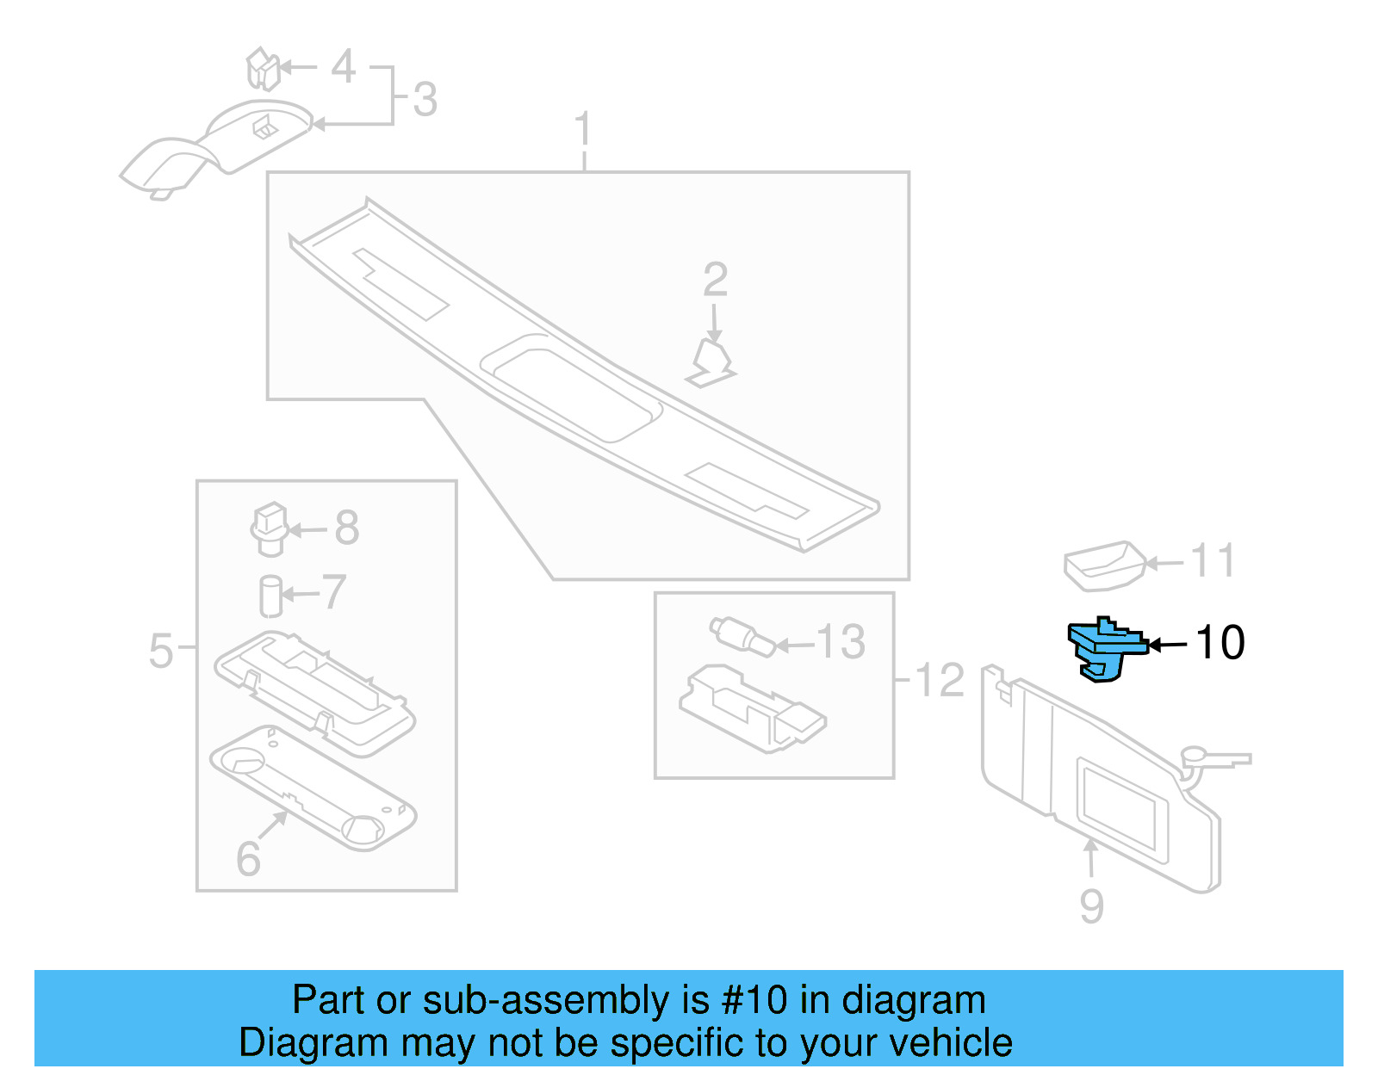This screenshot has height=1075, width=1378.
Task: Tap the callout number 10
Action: [1220, 643]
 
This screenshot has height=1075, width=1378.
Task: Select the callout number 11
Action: [1213, 561]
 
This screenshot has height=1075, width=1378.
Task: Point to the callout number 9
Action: [1091, 906]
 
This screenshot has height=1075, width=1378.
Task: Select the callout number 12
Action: [939, 681]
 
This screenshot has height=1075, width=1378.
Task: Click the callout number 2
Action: [715, 280]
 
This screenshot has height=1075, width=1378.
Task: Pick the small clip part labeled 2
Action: [712, 362]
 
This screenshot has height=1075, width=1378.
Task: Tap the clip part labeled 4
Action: [263, 69]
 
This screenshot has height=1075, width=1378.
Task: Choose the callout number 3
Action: [425, 100]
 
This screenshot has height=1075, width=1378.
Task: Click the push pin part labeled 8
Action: [270, 528]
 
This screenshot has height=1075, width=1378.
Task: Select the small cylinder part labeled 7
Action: [270, 596]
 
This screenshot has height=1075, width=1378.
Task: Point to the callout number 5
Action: [161, 651]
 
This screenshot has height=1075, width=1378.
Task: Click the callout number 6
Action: [248, 859]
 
